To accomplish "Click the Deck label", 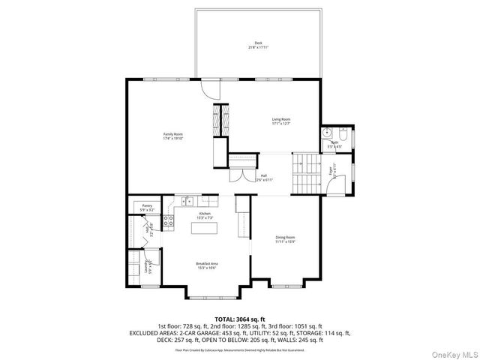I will pos(258,45).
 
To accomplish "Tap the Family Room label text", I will pos(173,136).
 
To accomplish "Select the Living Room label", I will pos(280,121).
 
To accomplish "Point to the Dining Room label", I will pos(285,239).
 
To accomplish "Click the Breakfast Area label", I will pos(206,265).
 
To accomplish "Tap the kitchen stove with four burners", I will pos(169,221).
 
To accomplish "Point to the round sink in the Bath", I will pos(325,133).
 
